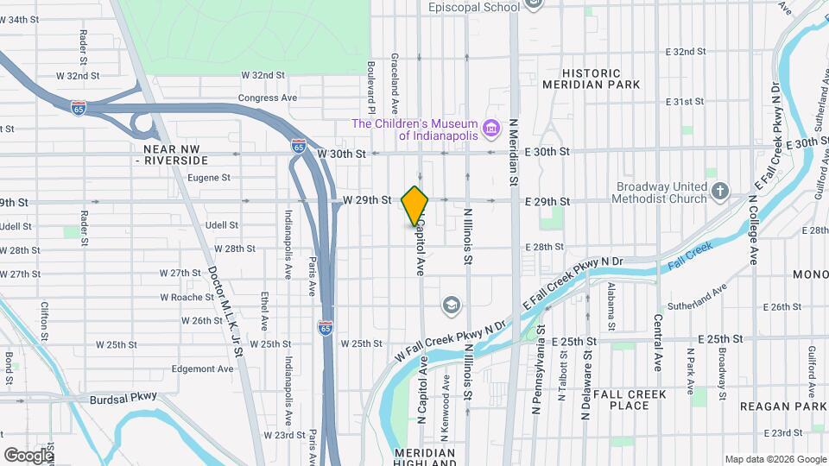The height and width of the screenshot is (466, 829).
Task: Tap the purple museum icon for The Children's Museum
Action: (491, 129)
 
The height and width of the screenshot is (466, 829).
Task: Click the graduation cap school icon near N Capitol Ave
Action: (450, 304)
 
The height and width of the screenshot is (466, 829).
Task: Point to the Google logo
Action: (28, 455)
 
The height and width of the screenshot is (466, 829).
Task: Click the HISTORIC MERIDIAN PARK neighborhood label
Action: (592, 79)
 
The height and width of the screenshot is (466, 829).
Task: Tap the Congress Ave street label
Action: (267, 98)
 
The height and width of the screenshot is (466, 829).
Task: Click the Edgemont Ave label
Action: (202, 368)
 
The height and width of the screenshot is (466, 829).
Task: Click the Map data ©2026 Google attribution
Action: (775, 459)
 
